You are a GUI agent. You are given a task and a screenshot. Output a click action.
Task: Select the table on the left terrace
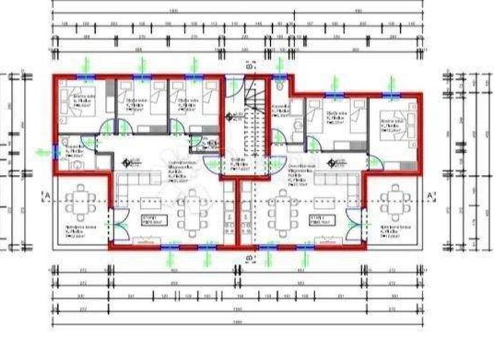tap(81, 200)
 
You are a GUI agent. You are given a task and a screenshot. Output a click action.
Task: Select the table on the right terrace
tap(394, 200)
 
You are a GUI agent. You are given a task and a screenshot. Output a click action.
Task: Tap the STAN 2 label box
tap(320, 220)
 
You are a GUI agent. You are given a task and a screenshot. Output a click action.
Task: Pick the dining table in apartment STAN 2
tap(283, 213)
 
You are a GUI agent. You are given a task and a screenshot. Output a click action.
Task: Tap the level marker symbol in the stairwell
tap(228, 116)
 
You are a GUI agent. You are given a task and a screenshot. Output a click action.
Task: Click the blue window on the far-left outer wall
tap(54, 152)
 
